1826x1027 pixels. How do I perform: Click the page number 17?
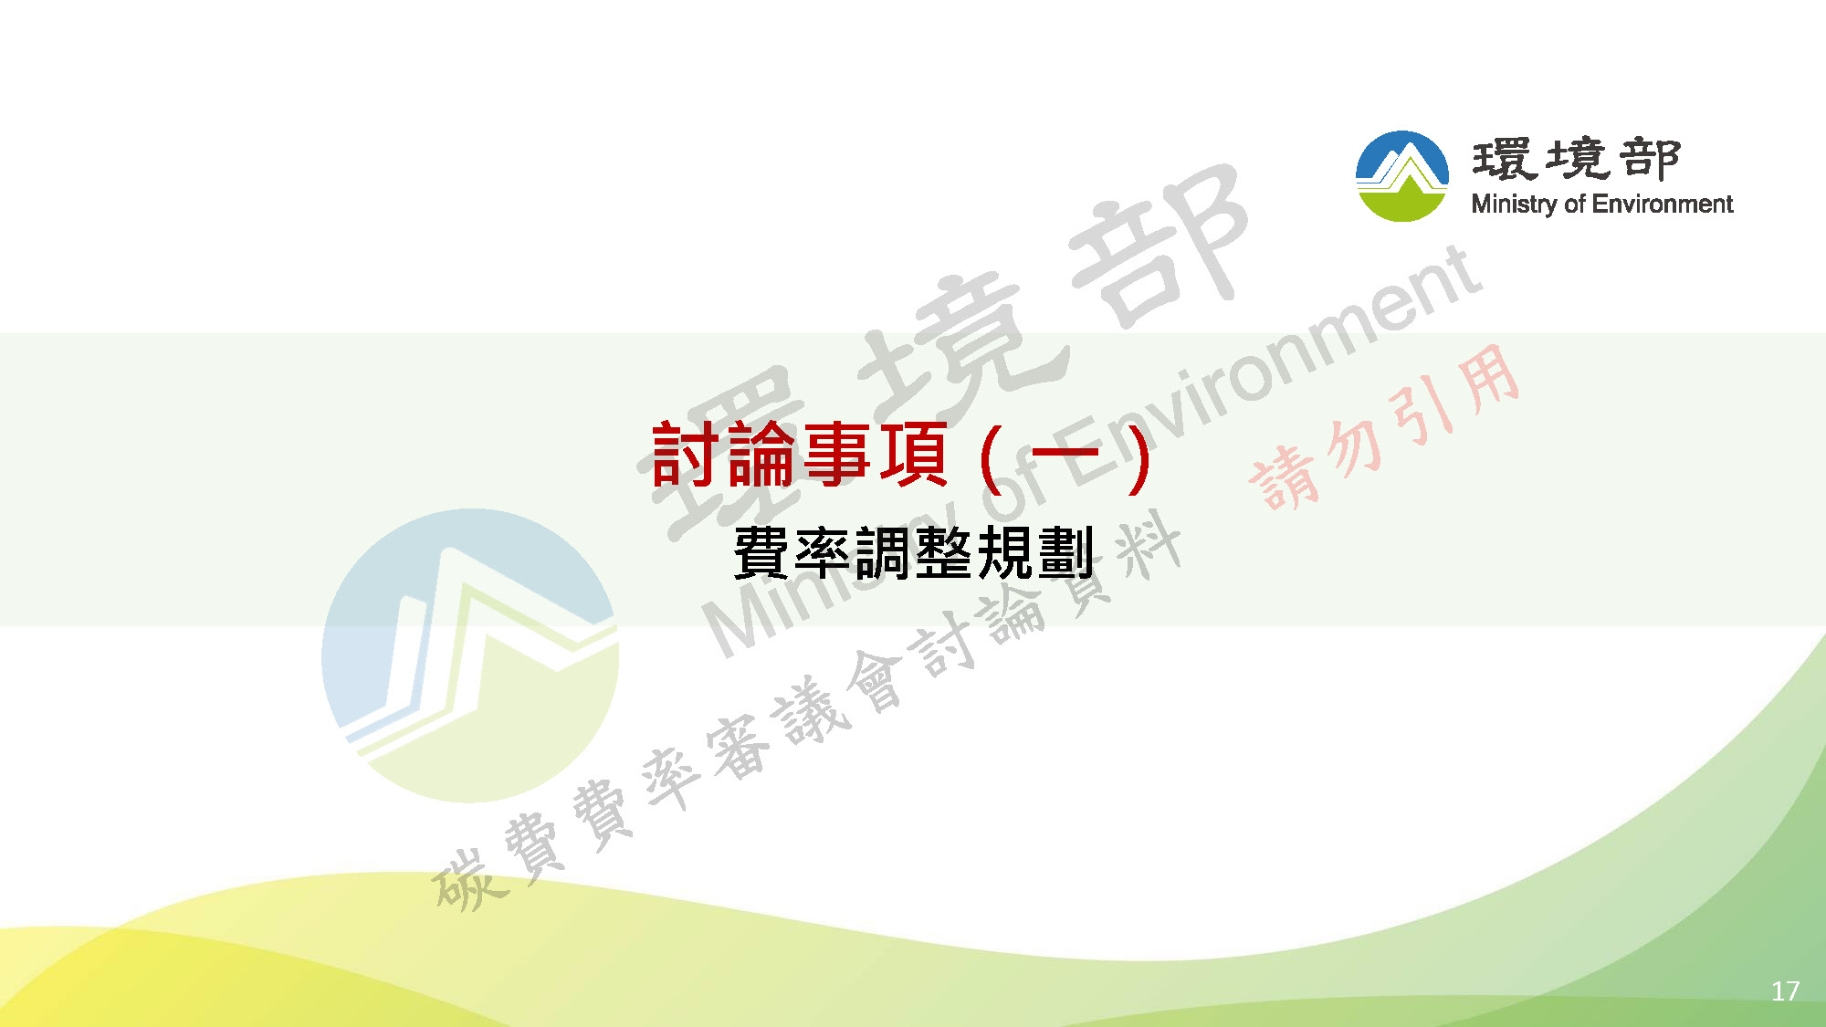point(1785,991)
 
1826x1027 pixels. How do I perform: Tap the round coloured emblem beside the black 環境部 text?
point(1402,176)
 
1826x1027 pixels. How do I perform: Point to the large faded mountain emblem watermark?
point(470,655)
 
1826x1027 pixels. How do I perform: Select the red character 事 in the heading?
point(837,455)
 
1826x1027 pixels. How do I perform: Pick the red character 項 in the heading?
point(913,455)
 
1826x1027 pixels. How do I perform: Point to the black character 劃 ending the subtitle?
point(1065,552)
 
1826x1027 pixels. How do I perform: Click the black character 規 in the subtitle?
point(1005,552)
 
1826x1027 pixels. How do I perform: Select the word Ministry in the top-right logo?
point(1515,204)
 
